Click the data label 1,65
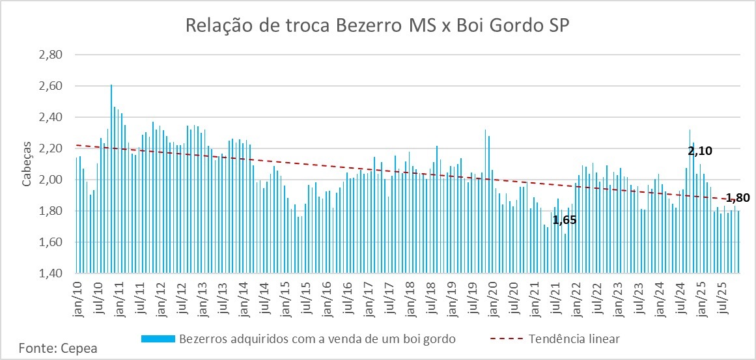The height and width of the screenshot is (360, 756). [x=565, y=220]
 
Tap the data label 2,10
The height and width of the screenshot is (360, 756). [x=700, y=151]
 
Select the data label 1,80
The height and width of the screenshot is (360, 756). [x=738, y=199]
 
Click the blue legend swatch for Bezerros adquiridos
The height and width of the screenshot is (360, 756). [x=158, y=339]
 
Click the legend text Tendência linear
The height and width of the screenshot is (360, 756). [x=574, y=339]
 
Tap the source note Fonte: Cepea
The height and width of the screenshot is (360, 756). [x=58, y=348]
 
